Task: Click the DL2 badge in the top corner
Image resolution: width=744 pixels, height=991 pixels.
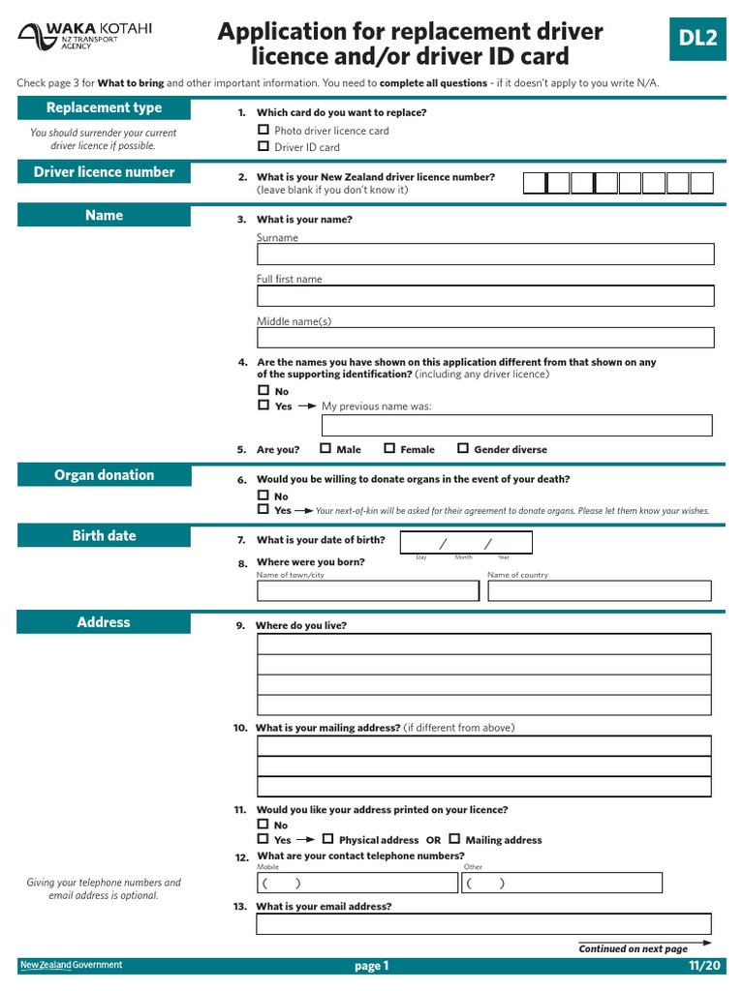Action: point(697,39)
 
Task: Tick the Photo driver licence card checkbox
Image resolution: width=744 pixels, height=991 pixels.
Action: point(263,130)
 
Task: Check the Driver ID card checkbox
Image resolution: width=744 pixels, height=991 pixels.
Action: point(263,146)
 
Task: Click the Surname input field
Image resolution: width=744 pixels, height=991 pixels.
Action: point(484,255)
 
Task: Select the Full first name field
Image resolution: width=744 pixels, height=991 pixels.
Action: point(484,296)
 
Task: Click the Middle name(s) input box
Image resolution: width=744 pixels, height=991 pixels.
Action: point(484,338)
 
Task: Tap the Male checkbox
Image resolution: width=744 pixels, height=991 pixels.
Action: point(325,448)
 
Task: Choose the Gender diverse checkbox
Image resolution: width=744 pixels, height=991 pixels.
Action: point(463,448)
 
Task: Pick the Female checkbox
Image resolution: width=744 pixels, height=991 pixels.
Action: point(389,448)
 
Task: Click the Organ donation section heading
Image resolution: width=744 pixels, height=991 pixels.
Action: point(104,475)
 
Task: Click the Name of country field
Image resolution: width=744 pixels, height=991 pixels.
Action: point(599,590)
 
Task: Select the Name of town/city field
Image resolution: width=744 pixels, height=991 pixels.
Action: point(367,590)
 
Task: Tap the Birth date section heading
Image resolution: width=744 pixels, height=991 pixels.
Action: point(104,536)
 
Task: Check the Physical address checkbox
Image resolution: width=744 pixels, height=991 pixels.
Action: point(327,839)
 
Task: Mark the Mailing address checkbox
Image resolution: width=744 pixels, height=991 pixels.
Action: point(454,839)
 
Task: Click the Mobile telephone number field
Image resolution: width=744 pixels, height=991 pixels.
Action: point(356,883)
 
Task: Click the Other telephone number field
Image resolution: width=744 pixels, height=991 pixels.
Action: point(562,883)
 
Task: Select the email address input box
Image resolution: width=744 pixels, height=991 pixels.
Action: point(484,924)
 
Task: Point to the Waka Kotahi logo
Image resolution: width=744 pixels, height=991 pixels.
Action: point(85,37)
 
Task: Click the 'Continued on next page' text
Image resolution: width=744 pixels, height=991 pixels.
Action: point(634,949)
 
